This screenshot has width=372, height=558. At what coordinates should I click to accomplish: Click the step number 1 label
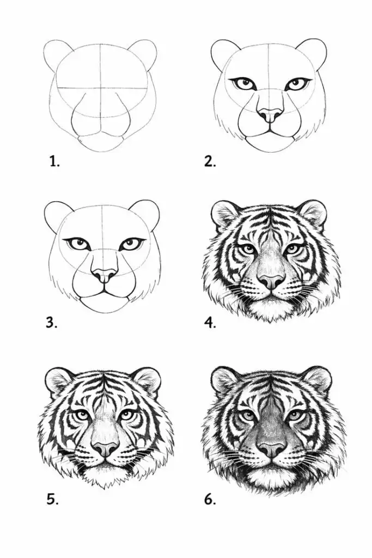click(54, 161)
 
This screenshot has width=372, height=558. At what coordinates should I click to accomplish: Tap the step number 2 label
click(210, 161)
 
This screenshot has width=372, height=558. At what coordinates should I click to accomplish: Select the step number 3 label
click(52, 323)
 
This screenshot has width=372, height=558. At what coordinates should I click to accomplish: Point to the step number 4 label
click(210, 323)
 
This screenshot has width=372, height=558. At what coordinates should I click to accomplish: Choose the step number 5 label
click(52, 499)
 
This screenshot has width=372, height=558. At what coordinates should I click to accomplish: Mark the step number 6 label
click(210, 499)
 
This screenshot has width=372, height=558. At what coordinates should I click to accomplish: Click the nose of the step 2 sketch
click(270, 115)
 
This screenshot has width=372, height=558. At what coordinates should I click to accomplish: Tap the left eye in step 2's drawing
click(245, 84)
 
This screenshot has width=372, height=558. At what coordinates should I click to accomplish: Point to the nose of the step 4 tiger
click(272, 281)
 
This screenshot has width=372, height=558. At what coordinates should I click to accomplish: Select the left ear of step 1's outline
click(57, 56)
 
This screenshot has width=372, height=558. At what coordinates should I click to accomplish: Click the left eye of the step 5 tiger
click(82, 415)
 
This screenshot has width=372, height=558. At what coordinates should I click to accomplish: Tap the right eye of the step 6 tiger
click(296, 415)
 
